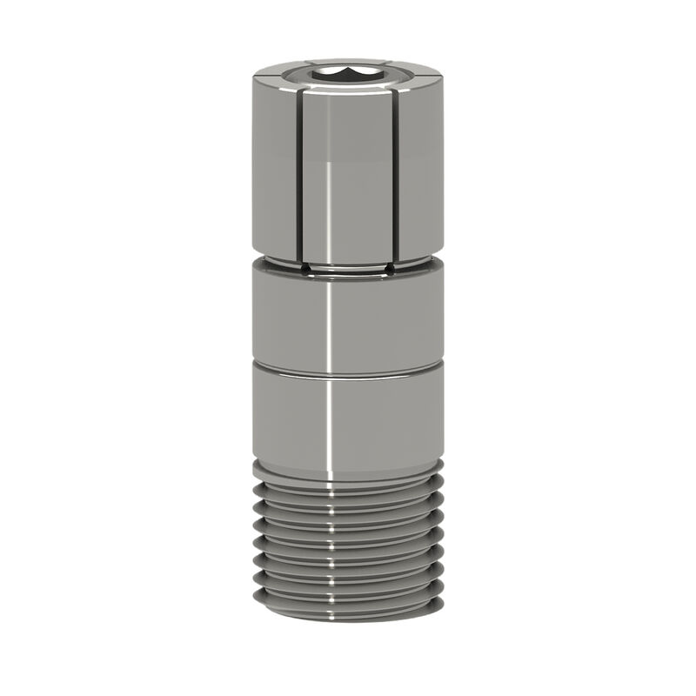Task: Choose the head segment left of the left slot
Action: (x=275, y=165)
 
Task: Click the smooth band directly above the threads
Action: (x=374, y=422)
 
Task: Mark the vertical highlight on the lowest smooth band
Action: (x=329, y=422)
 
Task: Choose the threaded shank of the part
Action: (x=348, y=544)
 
